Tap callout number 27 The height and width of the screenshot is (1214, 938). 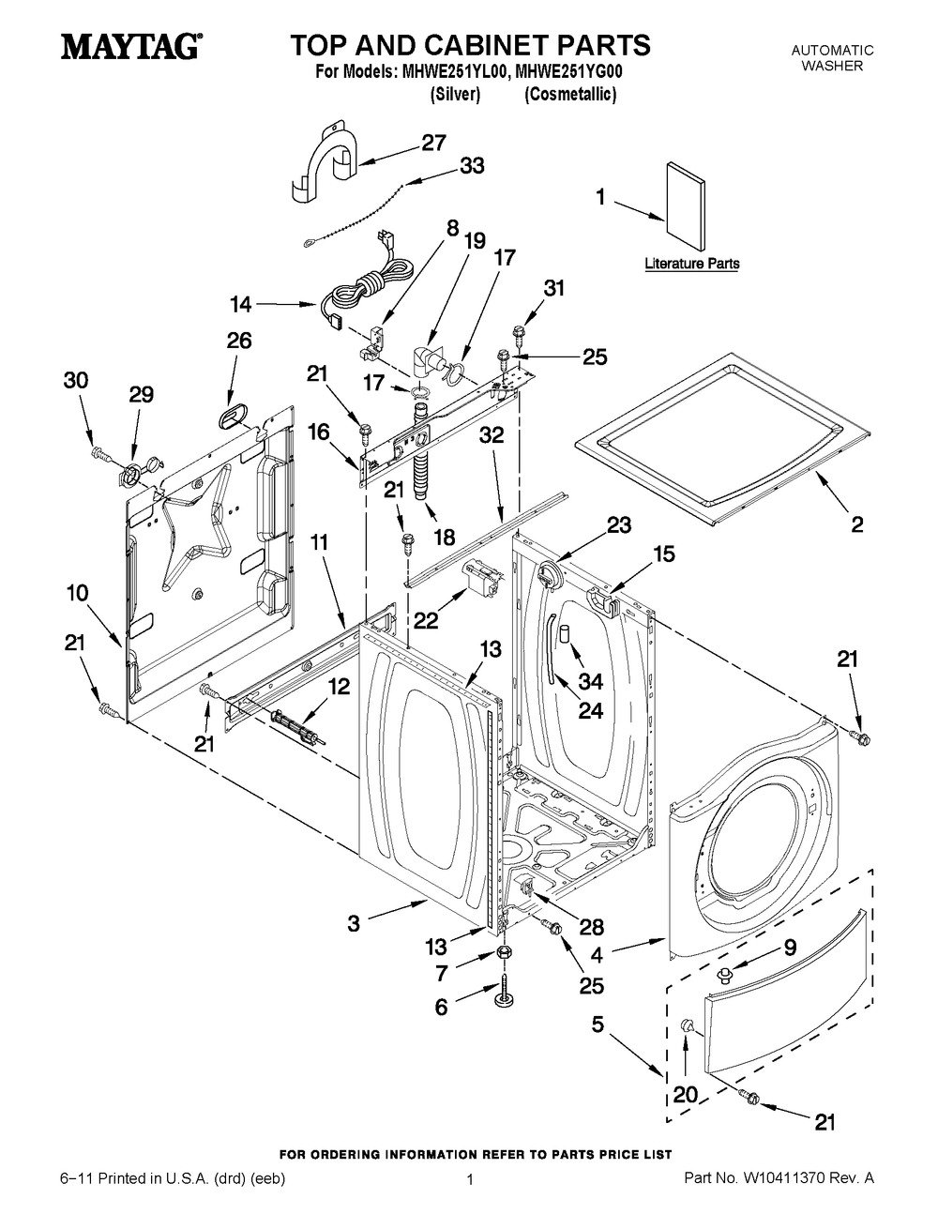click(432, 143)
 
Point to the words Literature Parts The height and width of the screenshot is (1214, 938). click(691, 264)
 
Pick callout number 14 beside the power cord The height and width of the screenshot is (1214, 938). click(240, 304)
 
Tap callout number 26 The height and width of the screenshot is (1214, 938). click(239, 341)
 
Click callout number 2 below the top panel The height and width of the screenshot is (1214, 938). click(856, 524)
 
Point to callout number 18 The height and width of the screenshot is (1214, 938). click(443, 538)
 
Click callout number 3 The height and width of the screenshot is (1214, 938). click(353, 923)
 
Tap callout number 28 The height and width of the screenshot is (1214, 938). click(591, 927)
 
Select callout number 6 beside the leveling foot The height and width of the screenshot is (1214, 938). click(440, 1007)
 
